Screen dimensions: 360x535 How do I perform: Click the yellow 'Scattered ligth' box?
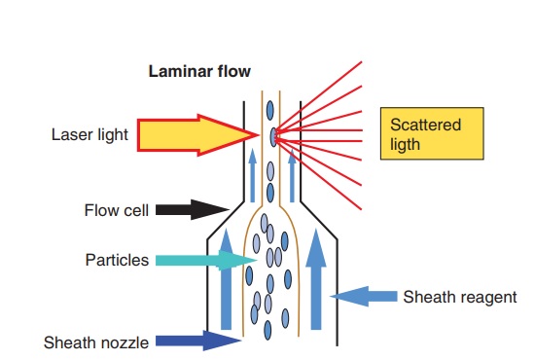431,134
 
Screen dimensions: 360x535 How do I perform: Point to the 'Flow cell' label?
115,210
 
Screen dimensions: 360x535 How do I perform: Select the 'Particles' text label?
118,260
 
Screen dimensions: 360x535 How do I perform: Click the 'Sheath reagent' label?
459,297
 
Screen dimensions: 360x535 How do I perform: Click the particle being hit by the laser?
272,134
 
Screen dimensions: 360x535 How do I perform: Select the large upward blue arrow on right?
313,276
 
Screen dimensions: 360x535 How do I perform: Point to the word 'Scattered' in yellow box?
425,126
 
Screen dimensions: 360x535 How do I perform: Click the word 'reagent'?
489,297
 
